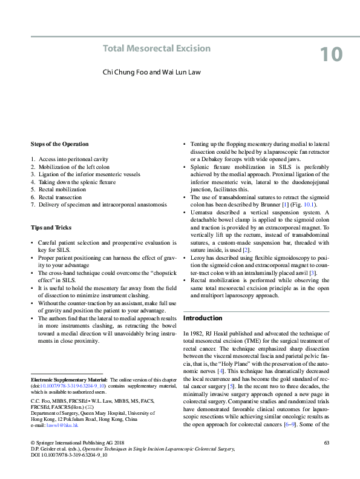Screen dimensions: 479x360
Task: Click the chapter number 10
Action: click(330, 55)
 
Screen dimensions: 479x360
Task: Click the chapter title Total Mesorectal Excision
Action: click(157, 48)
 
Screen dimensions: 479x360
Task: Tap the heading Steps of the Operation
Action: click(59, 144)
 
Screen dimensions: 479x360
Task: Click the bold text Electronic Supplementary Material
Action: click(66, 378)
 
